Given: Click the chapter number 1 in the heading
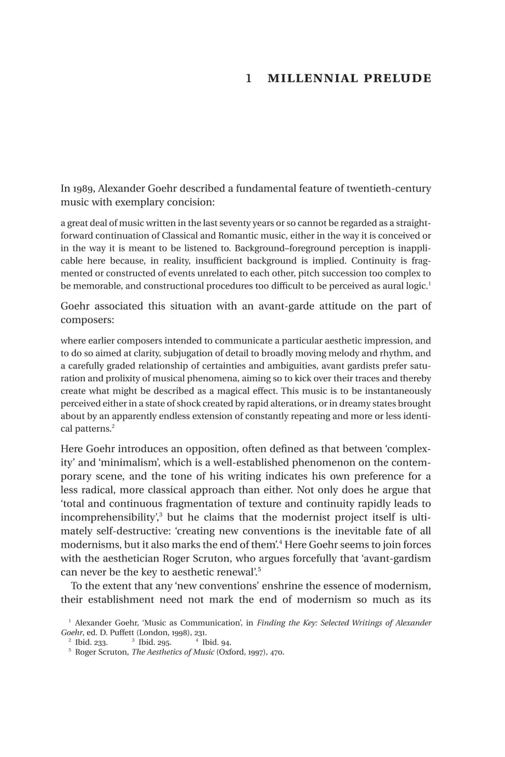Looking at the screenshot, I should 248,79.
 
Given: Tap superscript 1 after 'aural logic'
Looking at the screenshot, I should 429,283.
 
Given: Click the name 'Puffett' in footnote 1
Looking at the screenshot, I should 119,633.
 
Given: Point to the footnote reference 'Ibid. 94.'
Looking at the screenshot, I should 216,643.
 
